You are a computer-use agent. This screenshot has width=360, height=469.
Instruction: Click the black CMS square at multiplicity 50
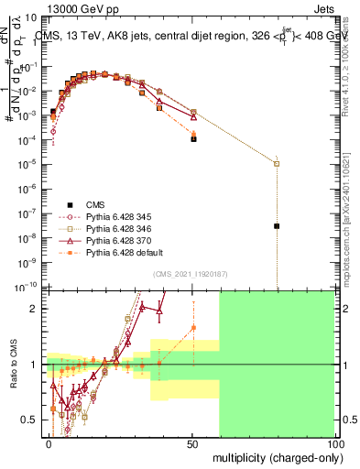pyautogui.click(x=193, y=139)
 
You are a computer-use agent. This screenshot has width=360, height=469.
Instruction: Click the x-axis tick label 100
pyautogui.click(x=335, y=442)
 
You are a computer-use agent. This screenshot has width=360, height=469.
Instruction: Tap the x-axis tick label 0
pyautogui.click(x=49, y=442)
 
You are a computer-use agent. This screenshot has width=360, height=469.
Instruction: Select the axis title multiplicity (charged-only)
pyautogui.click(x=276, y=456)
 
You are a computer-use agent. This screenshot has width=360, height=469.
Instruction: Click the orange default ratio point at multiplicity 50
pyautogui.click(x=193, y=327)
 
